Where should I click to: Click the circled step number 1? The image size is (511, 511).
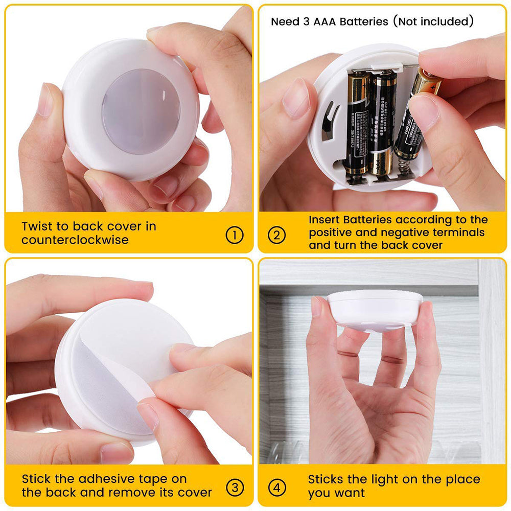coord(234,235)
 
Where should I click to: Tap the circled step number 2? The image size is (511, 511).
coord(277,235)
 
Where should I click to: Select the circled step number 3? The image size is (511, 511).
coord(234,487)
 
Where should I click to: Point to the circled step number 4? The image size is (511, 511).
coord(277,487)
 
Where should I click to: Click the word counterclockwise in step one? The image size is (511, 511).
coord(75,240)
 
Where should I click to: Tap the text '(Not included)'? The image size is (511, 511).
coord(433,21)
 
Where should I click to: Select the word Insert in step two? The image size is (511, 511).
coord(327,220)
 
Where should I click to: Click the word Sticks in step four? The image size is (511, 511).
coord(327,479)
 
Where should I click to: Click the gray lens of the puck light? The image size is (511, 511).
coord(141,111)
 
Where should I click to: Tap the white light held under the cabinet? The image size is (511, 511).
coord(375,309)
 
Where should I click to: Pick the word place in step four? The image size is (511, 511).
coord(462,479)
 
